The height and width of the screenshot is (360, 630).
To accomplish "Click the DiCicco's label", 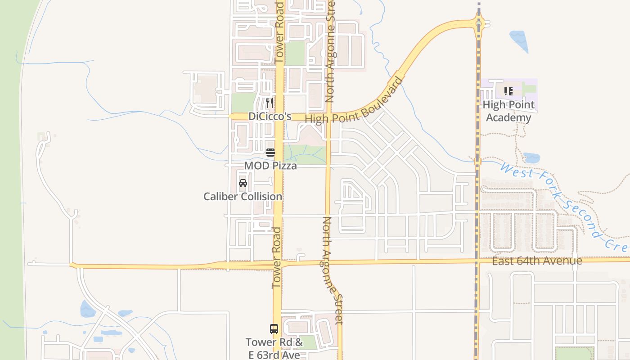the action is click(x=270, y=117).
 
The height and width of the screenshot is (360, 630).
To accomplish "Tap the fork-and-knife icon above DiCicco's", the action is click(x=270, y=103).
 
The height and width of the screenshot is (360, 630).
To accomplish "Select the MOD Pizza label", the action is click(x=270, y=166).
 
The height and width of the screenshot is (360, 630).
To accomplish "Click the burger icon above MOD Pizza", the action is click(x=270, y=152).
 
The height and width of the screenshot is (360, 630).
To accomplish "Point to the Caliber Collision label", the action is click(x=243, y=197).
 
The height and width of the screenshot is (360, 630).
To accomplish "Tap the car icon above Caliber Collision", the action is click(x=243, y=183).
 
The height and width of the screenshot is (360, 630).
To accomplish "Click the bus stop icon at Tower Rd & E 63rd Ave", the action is click(x=274, y=328).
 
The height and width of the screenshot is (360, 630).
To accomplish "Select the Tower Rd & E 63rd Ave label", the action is click(x=274, y=349).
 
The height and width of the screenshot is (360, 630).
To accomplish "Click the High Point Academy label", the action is click(x=508, y=111).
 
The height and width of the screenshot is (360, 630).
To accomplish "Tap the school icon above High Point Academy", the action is click(x=508, y=91).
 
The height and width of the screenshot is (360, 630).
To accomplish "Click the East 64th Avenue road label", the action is click(x=537, y=261).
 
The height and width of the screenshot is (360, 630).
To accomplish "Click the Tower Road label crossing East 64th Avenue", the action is click(x=276, y=257).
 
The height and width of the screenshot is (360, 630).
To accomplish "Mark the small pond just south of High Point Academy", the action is click(x=531, y=158).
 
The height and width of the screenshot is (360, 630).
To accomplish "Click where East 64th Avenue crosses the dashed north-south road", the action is click(x=477, y=261).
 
